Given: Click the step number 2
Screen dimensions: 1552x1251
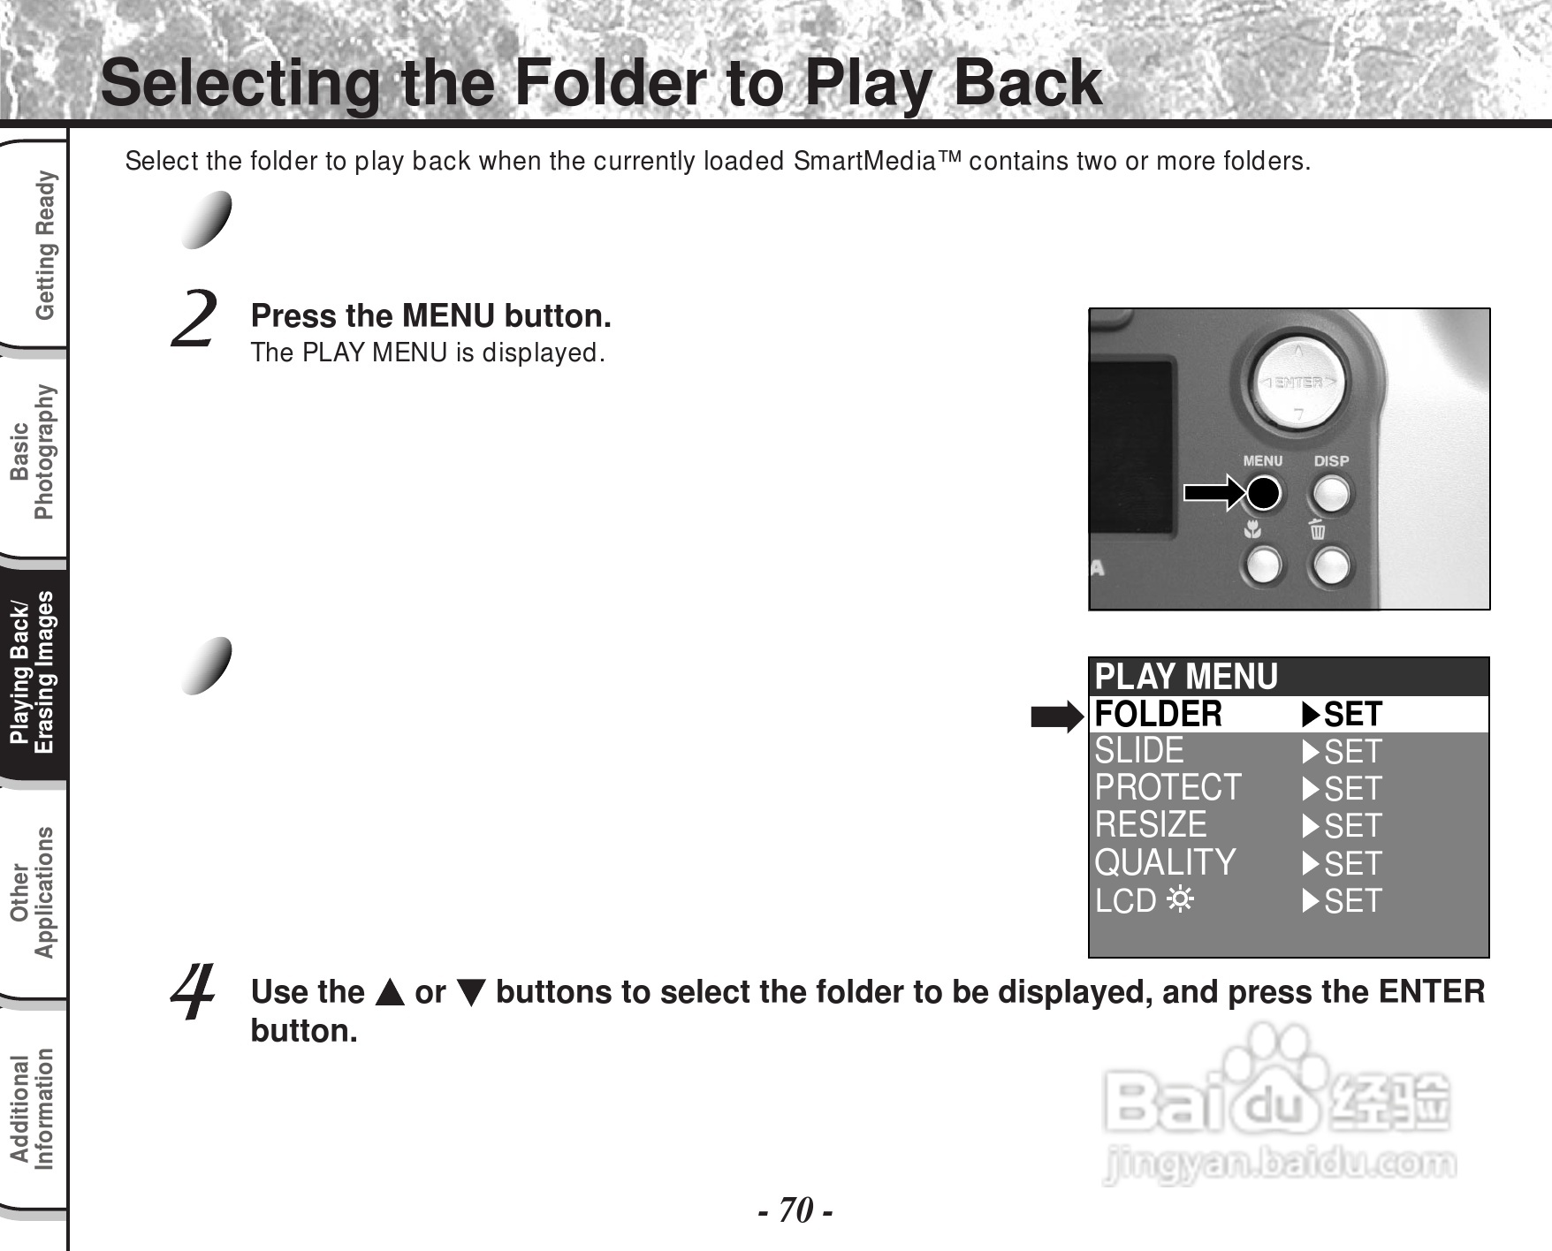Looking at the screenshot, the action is click(x=193, y=320).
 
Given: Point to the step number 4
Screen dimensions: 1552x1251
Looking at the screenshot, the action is click(x=194, y=991).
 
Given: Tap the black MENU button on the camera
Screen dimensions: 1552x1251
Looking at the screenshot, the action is click(x=1263, y=493).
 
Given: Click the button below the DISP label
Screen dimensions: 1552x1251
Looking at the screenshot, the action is click(x=1330, y=493).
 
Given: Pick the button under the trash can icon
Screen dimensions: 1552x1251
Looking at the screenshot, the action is click(x=1330, y=565).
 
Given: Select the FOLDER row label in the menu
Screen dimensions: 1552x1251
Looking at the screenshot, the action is click(x=1158, y=714).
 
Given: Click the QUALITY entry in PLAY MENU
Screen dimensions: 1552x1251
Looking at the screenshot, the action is click(x=1165, y=863).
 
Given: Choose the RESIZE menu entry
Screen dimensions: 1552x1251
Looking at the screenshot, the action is click(x=1151, y=825).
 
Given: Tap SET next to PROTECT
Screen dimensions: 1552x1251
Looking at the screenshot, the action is click(x=1352, y=789).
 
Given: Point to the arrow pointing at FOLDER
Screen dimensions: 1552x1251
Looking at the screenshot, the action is click(x=1057, y=716).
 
